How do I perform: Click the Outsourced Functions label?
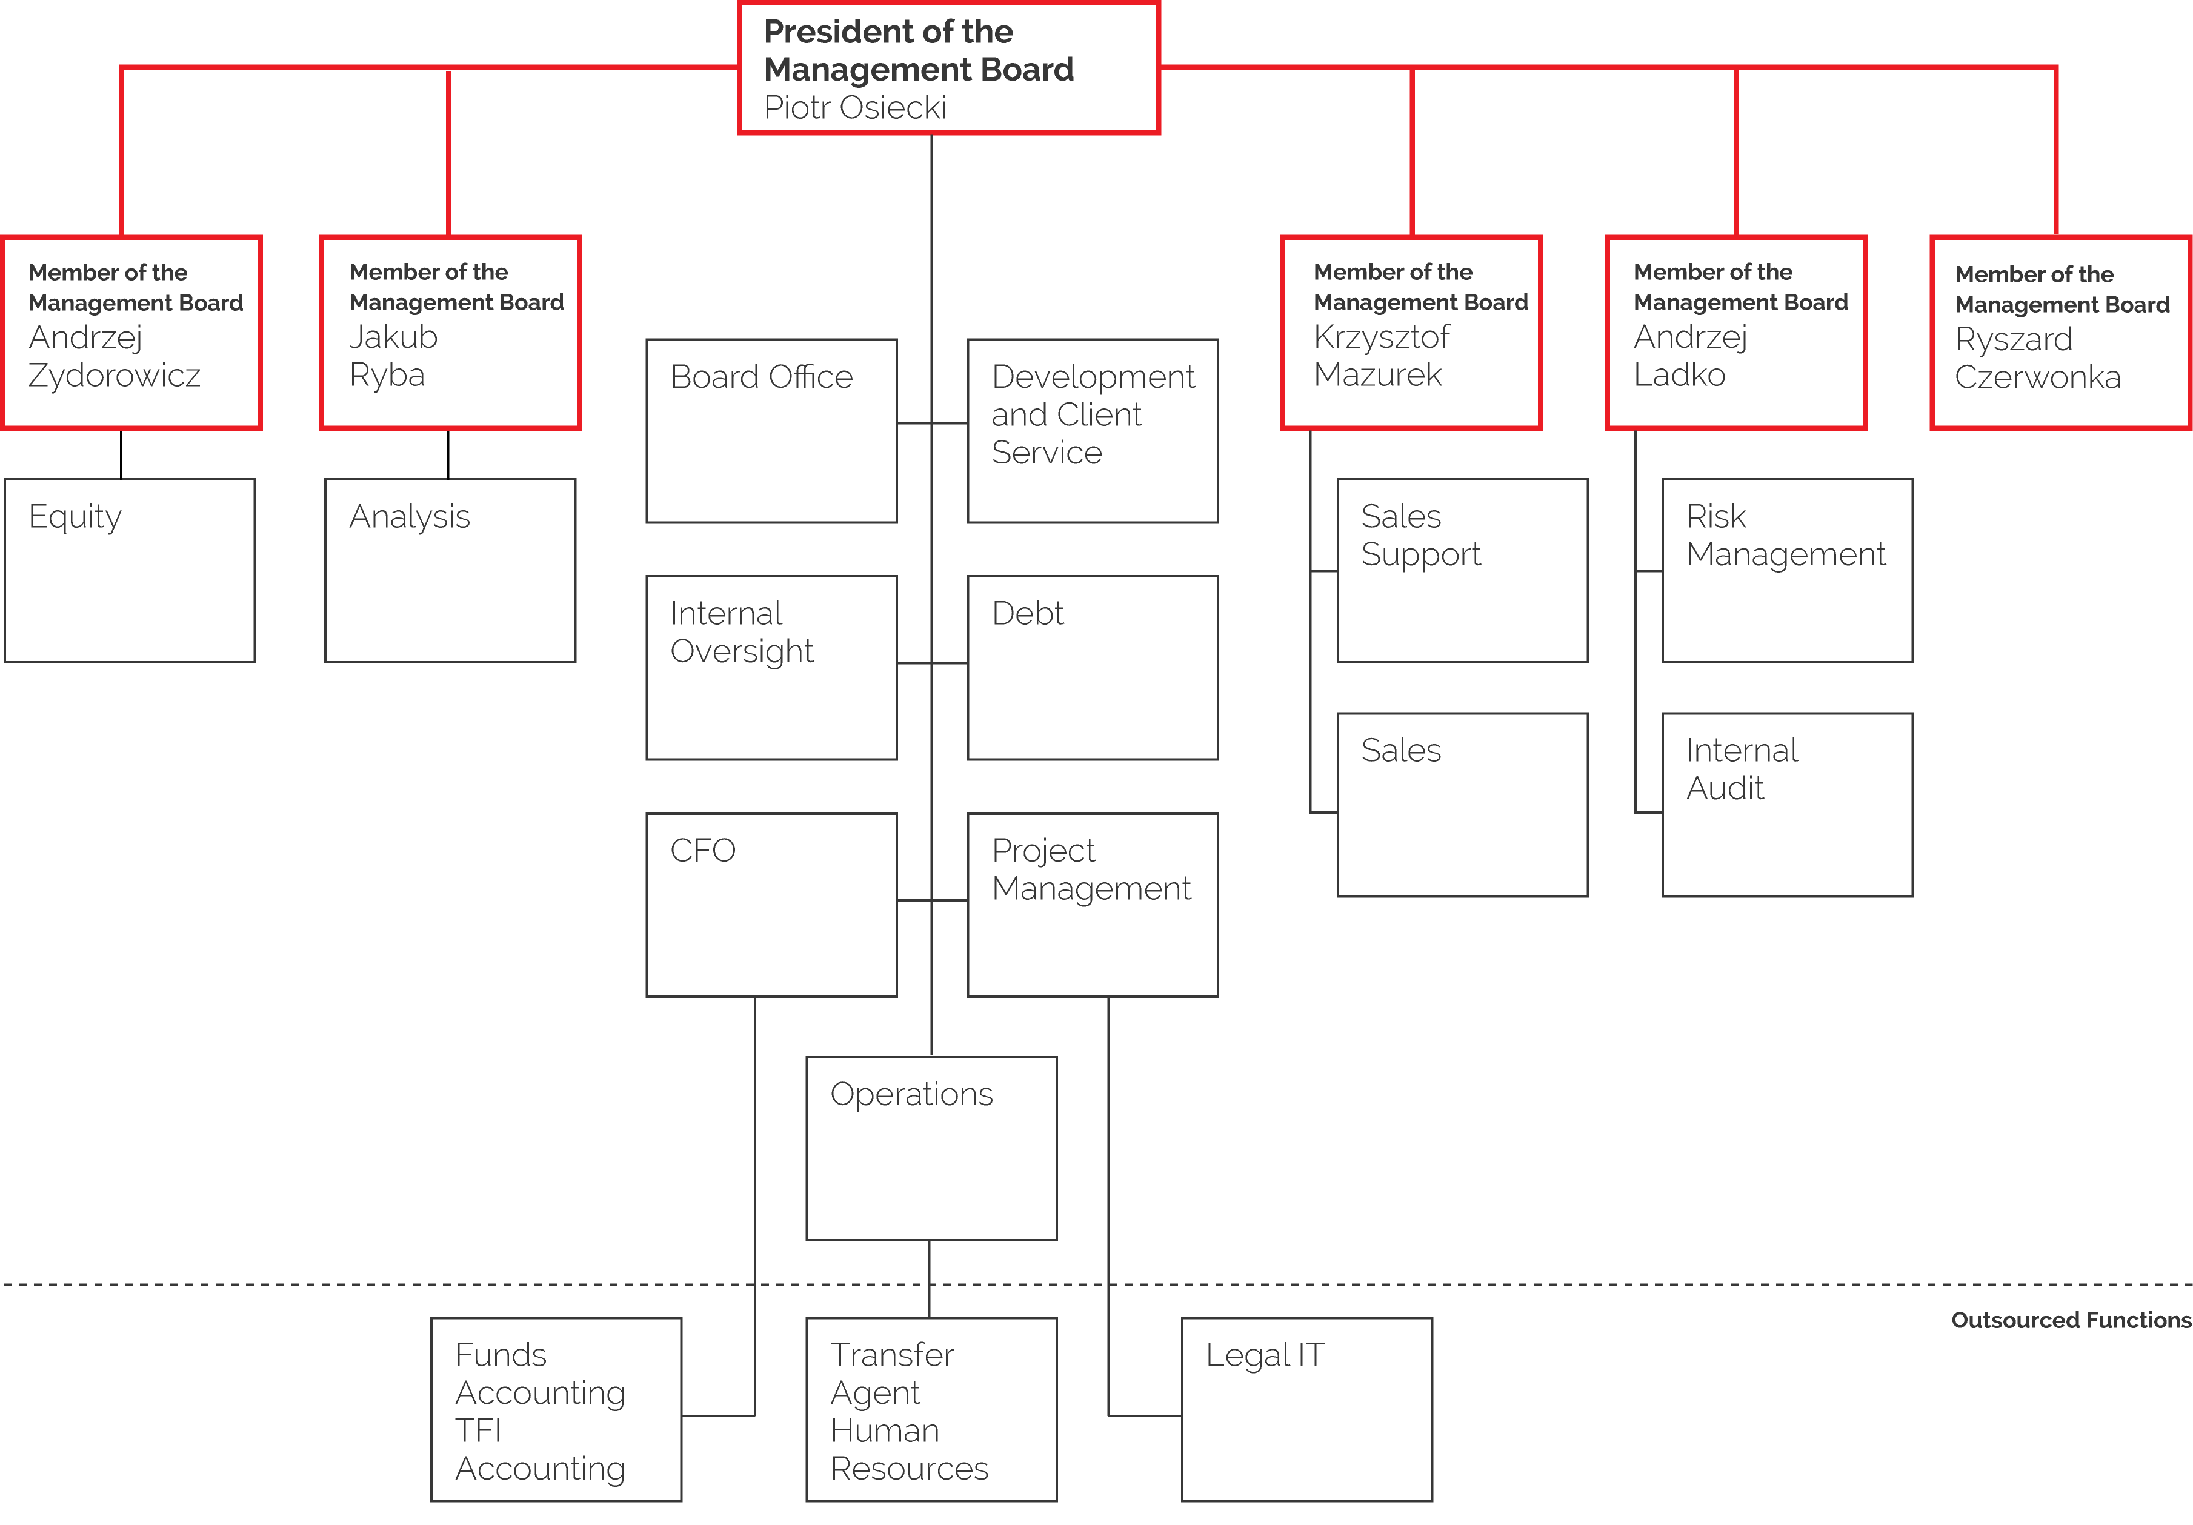(2070, 1321)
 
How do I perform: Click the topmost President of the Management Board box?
(948, 68)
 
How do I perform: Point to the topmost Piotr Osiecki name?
(855, 108)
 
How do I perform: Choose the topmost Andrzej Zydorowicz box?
(132, 332)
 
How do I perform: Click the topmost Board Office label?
(761, 377)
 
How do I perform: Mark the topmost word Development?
(1093, 377)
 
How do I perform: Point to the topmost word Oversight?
(741, 651)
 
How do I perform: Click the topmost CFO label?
(702, 850)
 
